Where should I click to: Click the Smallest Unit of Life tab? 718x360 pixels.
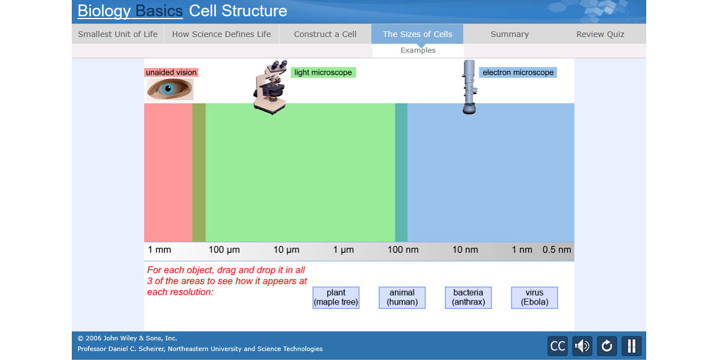pyautogui.click(x=118, y=34)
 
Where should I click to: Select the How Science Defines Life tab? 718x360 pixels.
pyautogui.click(x=221, y=34)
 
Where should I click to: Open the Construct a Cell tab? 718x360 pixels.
pyautogui.click(x=325, y=34)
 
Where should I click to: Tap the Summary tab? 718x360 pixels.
pyautogui.click(x=509, y=34)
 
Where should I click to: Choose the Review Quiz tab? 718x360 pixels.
pyautogui.click(x=600, y=34)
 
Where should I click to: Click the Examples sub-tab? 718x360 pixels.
pyautogui.click(x=418, y=50)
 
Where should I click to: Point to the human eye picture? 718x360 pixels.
pyautogui.click(x=170, y=89)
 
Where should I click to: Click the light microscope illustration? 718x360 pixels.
pyautogui.click(x=270, y=88)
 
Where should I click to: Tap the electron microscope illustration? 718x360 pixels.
pyautogui.click(x=470, y=87)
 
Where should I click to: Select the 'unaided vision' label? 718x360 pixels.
pyautogui.click(x=171, y=72)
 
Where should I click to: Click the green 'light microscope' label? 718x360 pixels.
pyautogui.click(x=323, y=72)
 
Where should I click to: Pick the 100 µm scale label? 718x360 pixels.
pyautogui.click(x=224, y=250)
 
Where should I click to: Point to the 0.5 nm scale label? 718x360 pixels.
pyautogui.click(x=556, y=250)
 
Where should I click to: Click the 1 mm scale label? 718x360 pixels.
pyautogui.click(x=159, y=250)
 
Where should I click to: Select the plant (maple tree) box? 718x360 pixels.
pyautogui.click(x=335, y=298)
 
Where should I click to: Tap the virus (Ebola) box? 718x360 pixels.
pyautogui.click(x=534, y=298)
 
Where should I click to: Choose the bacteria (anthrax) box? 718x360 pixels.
pyautogui.click(x=468, y=298)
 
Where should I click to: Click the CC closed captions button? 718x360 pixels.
pyautogui.click(x=558, y=346)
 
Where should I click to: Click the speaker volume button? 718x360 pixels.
pyautogui.click(x=582, y=346)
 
